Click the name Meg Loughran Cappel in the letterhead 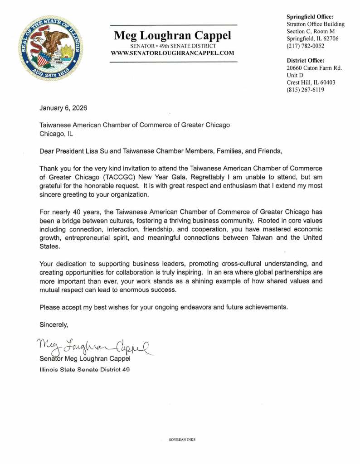point(173,35)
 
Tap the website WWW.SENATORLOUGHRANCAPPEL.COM point(173,53)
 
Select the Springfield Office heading point(310,17)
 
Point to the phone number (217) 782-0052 point(306,46)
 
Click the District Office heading point(306,60)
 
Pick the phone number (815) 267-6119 point(306,90)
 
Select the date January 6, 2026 point(63,108)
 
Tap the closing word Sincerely point(54,324)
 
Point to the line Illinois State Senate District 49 point(84,370)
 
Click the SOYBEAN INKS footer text point(182,440)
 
